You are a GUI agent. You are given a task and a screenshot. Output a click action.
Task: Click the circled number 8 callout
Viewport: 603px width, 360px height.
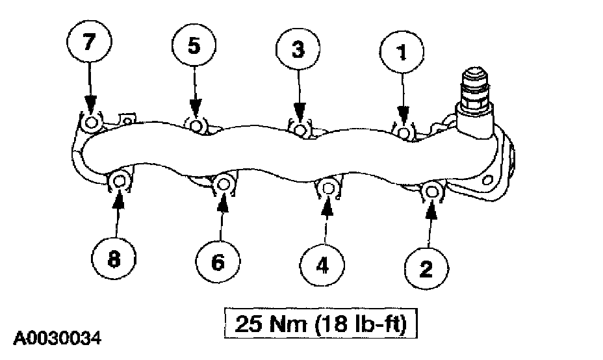[114, 259]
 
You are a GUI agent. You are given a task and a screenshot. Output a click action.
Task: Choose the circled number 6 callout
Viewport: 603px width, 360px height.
[218, 261]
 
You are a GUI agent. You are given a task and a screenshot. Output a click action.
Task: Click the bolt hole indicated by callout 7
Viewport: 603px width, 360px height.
[92, 122]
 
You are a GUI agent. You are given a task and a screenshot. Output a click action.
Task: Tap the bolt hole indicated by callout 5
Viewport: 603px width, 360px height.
[196, 125]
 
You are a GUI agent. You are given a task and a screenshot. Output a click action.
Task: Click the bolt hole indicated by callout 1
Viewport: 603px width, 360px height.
[404, 133]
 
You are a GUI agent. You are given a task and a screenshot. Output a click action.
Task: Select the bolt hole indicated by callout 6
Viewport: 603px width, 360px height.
[223, 184]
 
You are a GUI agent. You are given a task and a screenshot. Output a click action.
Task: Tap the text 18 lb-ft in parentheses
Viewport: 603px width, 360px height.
[366, 322]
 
